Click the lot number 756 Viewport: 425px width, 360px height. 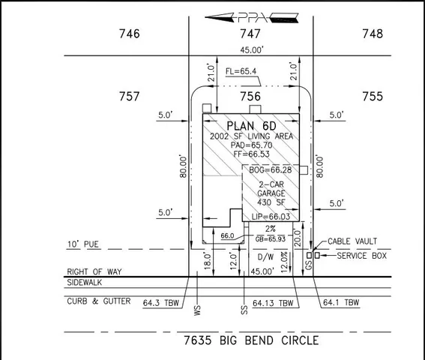click(x=250, y=97)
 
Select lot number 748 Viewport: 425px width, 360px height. click(x=372, y=34)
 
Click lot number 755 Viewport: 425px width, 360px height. click(x=372, y=97)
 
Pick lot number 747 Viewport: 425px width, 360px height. click(x=250, y=34)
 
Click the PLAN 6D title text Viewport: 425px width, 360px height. click(x=251, y=125)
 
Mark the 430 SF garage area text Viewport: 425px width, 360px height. click(x=270, y=202)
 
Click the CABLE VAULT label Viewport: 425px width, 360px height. click(x=352, y=242)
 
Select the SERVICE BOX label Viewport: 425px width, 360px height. click(x=362, y=256)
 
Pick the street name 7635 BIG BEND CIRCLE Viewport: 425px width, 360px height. click(x=251, y=340)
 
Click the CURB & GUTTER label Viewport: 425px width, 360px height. click(x=98, y=301)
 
